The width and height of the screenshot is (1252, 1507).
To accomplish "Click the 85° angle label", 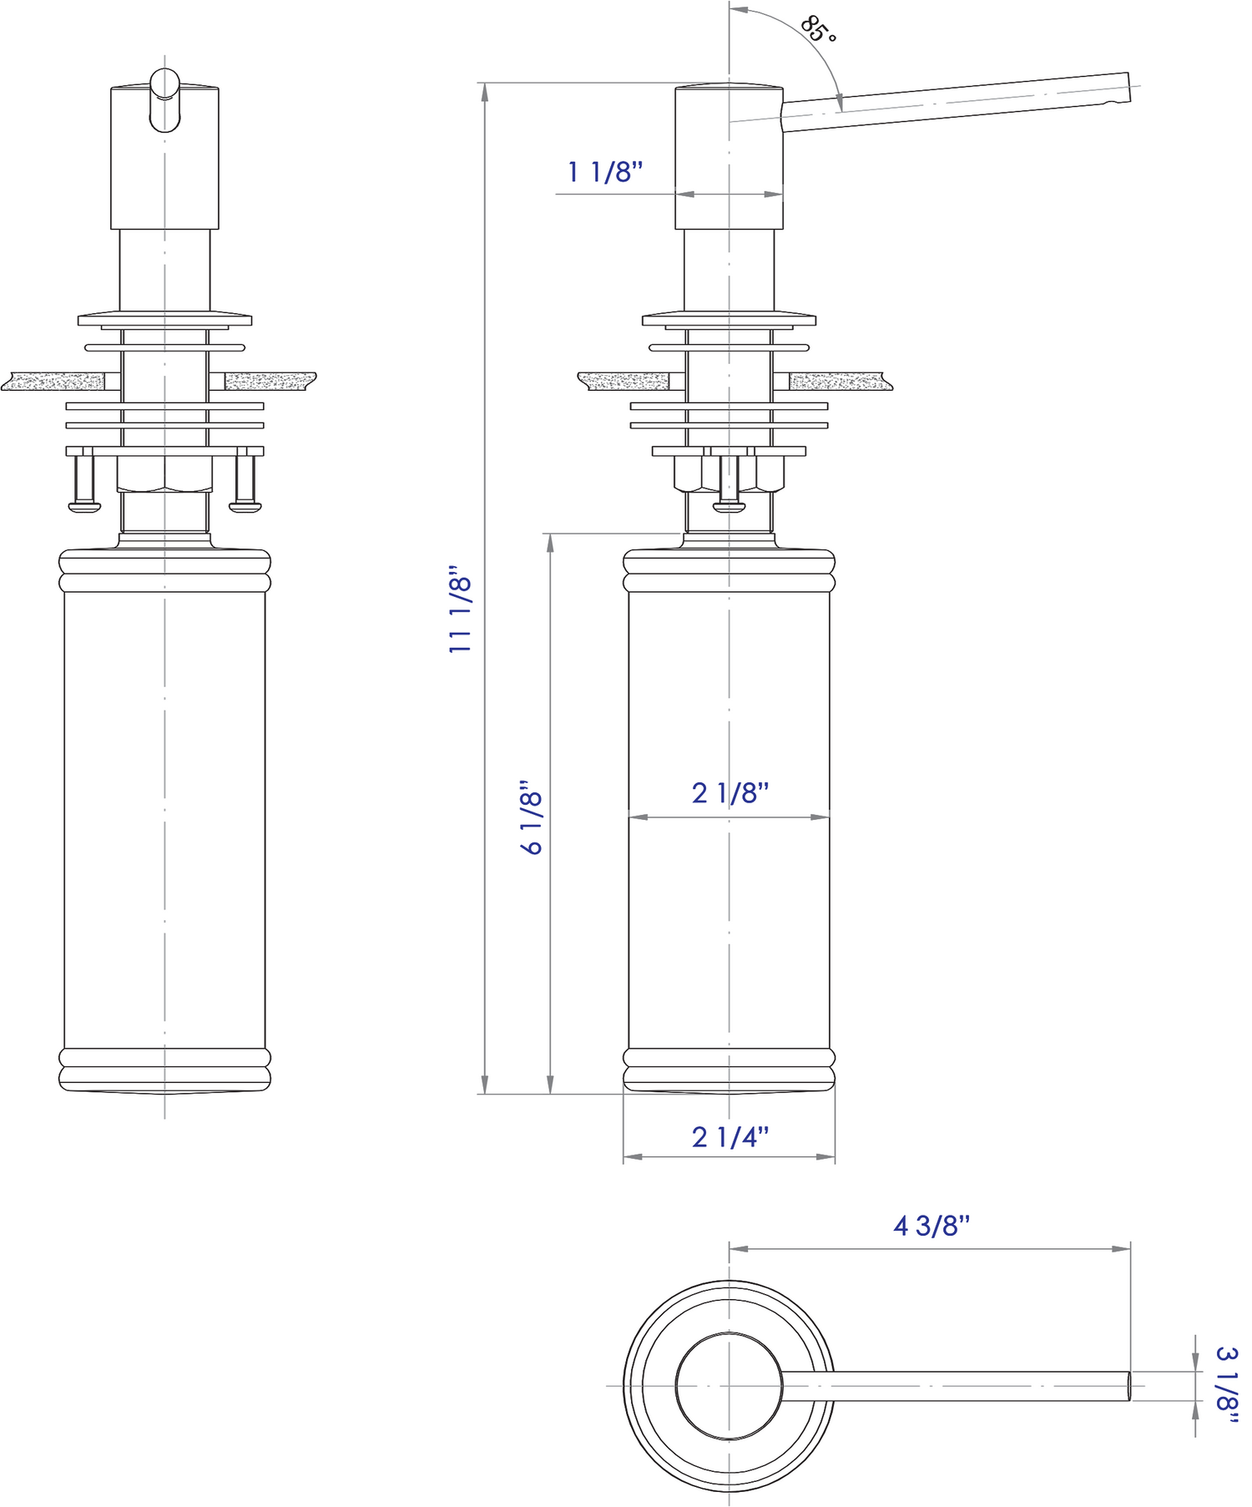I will (819, 30).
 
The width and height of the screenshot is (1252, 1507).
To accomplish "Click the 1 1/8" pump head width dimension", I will (606, 173).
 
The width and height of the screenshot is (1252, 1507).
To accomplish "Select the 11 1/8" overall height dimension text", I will (461, 613).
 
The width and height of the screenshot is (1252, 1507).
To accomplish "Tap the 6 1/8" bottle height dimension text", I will (533, 817).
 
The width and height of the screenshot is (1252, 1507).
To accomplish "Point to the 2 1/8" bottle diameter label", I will (730, 792).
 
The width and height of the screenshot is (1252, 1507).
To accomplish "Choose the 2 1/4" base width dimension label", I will (730, 1136).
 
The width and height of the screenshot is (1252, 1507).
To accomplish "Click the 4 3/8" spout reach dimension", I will (931, 1226).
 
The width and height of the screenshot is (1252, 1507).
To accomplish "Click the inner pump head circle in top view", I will (729, 1386).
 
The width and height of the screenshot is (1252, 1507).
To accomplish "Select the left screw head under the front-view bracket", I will (84, 505).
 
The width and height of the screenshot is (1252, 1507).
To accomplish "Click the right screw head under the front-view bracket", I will (245, 505).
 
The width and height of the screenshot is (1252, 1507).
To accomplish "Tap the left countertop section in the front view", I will (54, 382).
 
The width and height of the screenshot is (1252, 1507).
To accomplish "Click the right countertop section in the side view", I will (839, 382).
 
